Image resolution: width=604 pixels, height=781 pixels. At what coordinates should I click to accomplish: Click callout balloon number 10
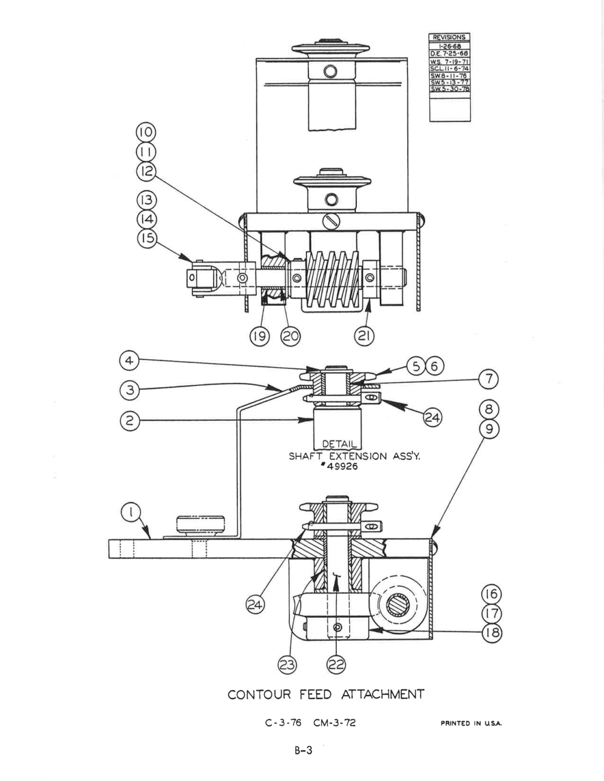click(x=146, y=133)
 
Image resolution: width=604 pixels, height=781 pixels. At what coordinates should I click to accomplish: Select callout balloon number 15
click(x=147, y=238)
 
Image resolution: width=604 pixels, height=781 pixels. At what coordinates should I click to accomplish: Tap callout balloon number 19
click(x=259, y=336)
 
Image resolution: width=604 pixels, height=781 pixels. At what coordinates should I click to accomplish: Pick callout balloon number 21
click(x=364, y=336)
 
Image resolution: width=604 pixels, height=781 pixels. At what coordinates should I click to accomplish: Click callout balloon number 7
click(x=489, y=379)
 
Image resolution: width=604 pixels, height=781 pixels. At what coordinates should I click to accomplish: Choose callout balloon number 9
click(x=489, y=429)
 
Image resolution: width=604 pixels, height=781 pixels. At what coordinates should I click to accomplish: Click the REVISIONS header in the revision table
click(x=449, y=38)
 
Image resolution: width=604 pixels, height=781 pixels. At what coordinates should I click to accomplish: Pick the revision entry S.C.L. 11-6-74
click(x=450, y=69)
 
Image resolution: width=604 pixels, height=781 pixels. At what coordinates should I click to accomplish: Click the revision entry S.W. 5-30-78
click(x=450, y=89)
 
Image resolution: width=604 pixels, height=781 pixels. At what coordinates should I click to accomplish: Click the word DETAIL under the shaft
click(x=339, y=444)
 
